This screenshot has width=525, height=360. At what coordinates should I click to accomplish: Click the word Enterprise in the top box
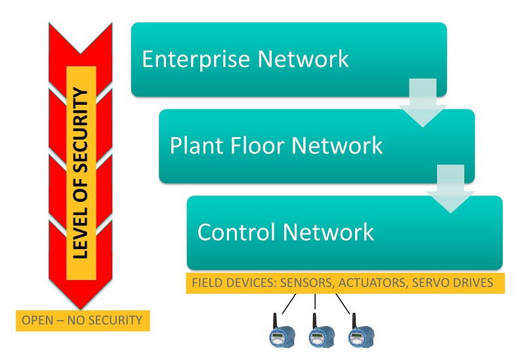pos(196,60)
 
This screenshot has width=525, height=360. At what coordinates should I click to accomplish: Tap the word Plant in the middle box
pos(196,146)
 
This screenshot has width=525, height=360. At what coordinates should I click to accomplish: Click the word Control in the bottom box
pos(234,231)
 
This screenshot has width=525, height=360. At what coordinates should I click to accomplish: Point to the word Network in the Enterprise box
pos(303,59)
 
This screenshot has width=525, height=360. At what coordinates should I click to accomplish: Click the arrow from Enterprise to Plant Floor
pos(423,103)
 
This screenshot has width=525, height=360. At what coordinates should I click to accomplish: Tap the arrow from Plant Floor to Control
pos(450,189)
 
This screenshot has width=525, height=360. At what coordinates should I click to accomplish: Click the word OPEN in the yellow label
pos(37,320)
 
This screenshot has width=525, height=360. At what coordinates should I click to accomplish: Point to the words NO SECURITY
pos(105,320)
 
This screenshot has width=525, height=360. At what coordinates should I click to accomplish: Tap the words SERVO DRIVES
pos(453,283)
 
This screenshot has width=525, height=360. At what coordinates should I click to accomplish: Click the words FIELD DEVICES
pos(234,283)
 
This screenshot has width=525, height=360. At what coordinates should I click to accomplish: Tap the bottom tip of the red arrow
pos(80,309)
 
